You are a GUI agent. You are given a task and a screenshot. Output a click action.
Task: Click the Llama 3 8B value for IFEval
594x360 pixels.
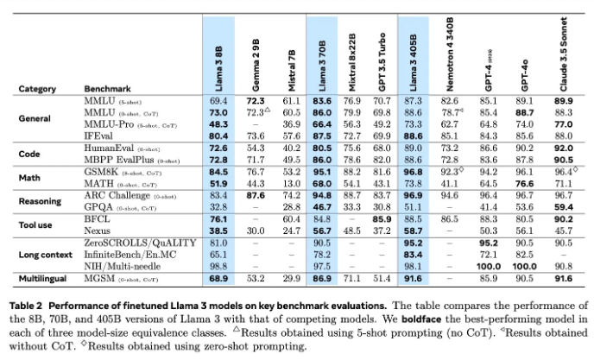pyautogui.click(x=218, y=136)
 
